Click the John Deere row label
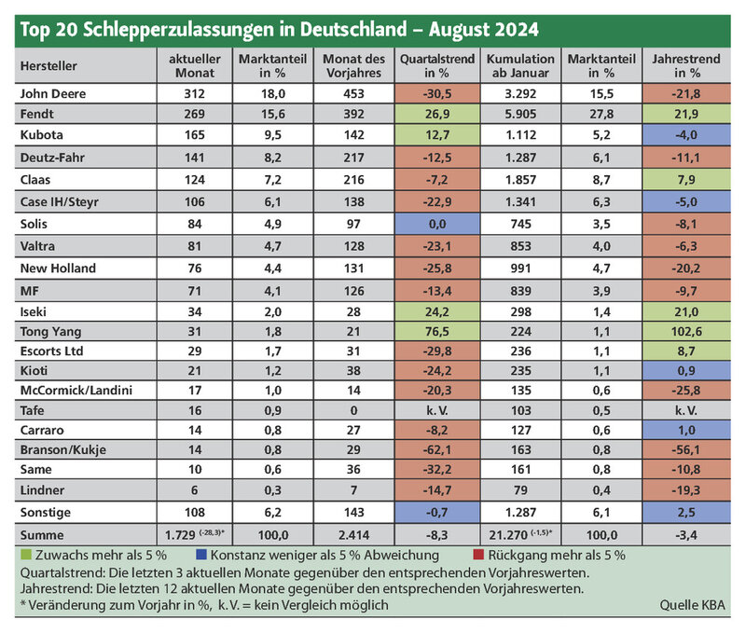point(53,93)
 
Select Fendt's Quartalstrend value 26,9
point(437,114)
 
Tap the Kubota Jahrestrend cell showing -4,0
point(686,135)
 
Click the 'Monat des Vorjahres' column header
point(354,65)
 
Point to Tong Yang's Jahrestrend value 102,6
point(686,332)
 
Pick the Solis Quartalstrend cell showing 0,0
point(437,224)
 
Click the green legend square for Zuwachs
point(26,555)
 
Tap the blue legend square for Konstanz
point(201,555)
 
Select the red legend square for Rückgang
point(478,555)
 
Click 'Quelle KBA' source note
point(692,605)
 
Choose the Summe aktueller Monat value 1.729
point(180,535)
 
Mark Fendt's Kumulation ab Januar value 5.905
point(520,114)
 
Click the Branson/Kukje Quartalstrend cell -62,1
point(437,450)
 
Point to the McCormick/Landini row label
point(76,391)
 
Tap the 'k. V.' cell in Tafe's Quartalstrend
point(437,410)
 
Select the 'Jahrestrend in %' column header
point(686,65)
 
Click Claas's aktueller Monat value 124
point(195,180)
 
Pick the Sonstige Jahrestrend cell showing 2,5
point(686,512)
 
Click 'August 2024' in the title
point(483,30)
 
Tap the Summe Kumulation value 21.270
point(508,535)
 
